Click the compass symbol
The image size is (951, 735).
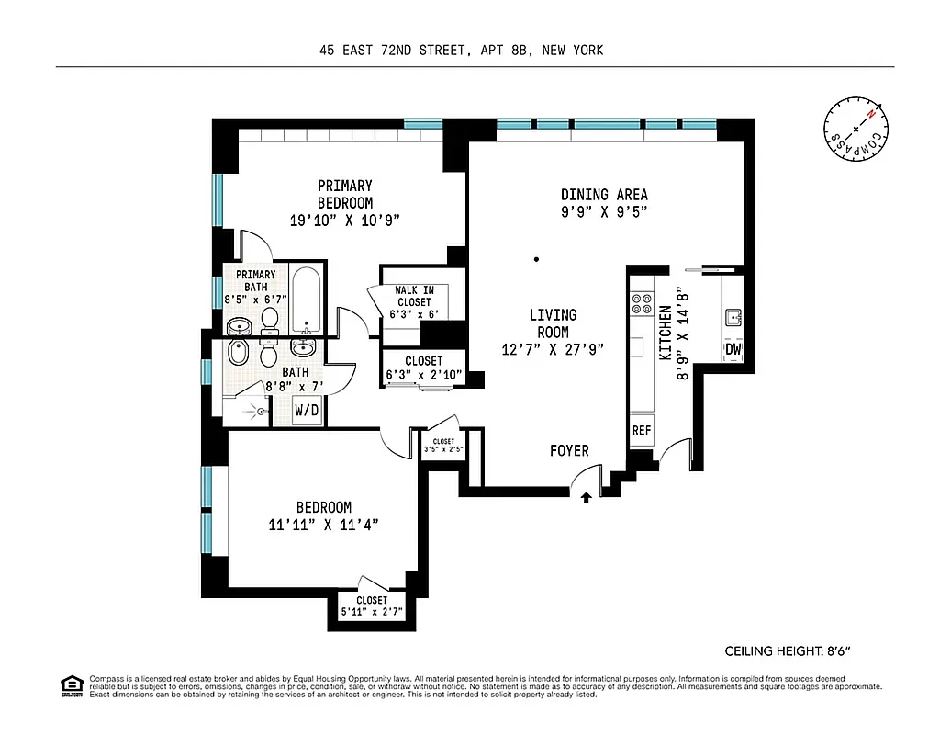(856, 130)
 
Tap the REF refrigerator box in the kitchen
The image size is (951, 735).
(641, 430)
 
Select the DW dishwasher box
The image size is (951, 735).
(733, 349)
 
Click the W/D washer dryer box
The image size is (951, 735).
(307, 410)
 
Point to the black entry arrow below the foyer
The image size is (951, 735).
(587, 497)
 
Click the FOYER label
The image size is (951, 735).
(569, 450)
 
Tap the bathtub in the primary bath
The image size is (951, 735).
(307, 300)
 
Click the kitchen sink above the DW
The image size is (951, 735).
(733, 318)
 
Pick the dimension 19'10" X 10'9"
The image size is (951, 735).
(345, 220)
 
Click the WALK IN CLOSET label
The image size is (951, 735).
(413, 296)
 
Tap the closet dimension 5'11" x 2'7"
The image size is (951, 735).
(372, 610)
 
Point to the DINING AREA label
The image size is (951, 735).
(604, 194)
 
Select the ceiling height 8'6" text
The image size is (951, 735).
(794, 651)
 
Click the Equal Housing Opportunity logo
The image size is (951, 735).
(72, 684)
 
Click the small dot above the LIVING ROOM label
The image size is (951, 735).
(537, 259)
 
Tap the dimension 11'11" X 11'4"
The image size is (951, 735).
(323, 525)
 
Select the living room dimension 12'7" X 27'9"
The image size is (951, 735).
(554, 349)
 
